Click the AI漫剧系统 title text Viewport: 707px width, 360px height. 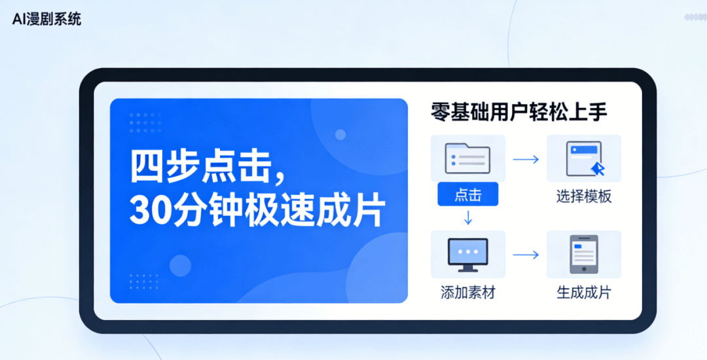(x=47, y=20)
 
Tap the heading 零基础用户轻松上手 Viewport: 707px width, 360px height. (x=519, y=113)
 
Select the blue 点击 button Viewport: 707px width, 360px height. (x=468, y=194)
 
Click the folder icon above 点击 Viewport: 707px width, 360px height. (x=467, y=158)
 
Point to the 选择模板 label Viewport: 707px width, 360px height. (x=584, y=196)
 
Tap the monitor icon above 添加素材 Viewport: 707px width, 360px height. (x=468, y=255)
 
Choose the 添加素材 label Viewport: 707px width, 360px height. (x=467, y=293)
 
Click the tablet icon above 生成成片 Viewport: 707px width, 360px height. (x=584, y=254)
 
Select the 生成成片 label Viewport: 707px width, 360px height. (x=584, y=293)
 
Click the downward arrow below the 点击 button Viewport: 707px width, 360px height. (x=468, y=218)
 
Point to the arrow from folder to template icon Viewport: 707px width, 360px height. (x=526, y=159)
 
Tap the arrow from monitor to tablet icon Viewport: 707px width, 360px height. (x=526, y=255)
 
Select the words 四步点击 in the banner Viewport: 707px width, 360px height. (x=201, y=168)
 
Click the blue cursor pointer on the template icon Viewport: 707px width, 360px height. (x=598, y=169)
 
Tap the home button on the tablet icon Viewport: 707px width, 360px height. (x=584, y=269)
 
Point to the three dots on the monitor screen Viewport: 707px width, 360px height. (x=468, y=251)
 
